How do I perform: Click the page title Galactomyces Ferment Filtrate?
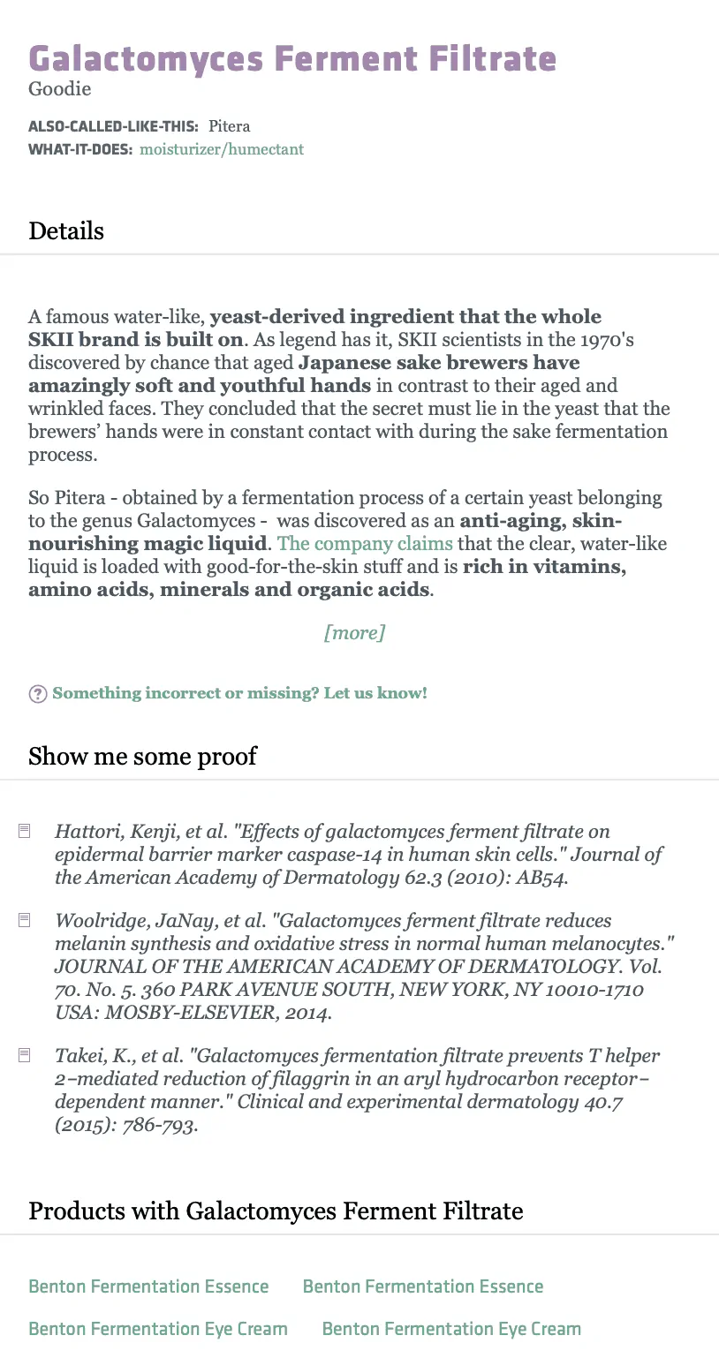[292, 59]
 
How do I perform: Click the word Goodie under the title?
[59, 89]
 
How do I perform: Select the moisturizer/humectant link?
[222, 149]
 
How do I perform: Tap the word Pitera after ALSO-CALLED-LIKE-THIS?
[230, 126]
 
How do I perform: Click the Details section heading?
[66, 231]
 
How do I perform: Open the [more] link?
[355, 632]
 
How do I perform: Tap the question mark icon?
[38, 694]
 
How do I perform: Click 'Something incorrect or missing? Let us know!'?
[239, 693]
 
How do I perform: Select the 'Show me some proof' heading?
[142, 757]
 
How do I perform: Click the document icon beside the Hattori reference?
[25, 831]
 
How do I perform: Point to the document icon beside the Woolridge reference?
[25, 920]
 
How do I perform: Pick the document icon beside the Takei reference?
[25, 1055]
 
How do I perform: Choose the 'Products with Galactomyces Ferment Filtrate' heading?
[276, 1211]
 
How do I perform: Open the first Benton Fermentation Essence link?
[148, 1286]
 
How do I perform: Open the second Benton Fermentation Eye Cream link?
[451, 1329]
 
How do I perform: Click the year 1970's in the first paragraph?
[603, 340]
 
